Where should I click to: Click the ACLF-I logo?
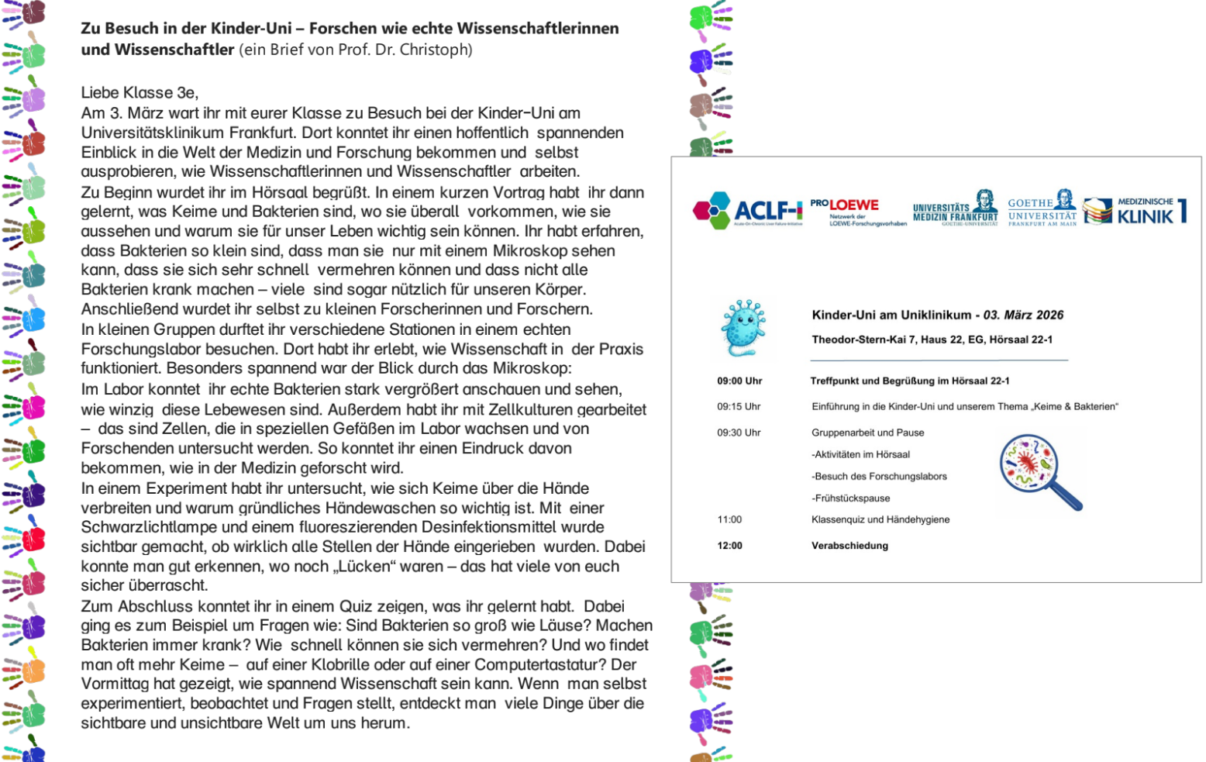coord(747,209)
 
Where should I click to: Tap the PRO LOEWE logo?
coord(857,211)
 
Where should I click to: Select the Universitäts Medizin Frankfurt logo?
coord(955,209)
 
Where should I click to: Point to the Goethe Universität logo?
coord(1042,209)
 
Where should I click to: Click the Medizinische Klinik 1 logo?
coord(1135,210)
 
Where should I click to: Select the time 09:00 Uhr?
coord(739,381)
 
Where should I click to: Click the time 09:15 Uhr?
coord(739,406)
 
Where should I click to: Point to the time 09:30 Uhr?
coord(739,433)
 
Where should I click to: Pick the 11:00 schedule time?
coord(729,519)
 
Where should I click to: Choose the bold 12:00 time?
coord(729,546)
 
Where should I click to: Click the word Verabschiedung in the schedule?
coord(849,546)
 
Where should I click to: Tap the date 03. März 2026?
coord(1023,315)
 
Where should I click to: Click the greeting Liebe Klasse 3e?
coord(140,92)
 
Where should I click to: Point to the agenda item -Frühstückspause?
coord(850,498)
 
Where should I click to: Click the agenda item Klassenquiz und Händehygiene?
coord(880,519)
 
